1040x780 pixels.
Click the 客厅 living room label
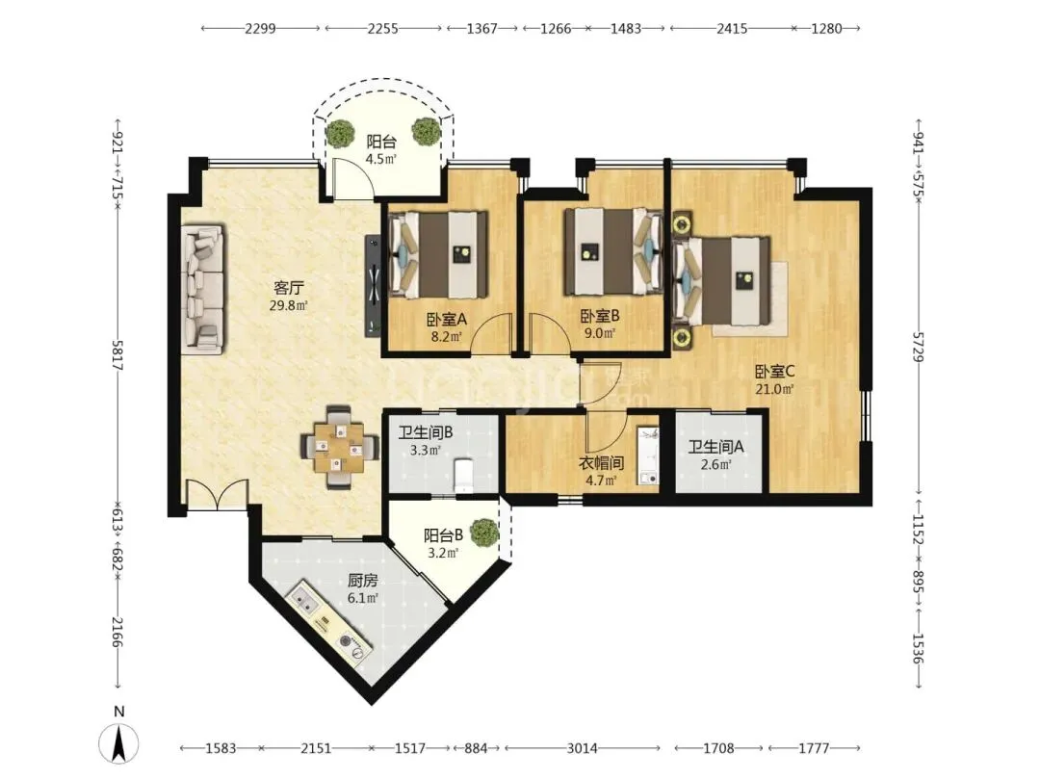289,288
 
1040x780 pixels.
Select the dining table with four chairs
340,447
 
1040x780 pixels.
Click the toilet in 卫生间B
463,477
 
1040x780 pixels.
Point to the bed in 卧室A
438,254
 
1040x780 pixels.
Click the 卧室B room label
600,317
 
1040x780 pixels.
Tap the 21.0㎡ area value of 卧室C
774,389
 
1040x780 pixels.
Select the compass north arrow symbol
118,742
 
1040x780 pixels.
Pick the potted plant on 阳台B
484,533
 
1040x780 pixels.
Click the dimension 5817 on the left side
117,355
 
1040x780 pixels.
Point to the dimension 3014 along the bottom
582,748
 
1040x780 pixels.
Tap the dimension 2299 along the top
260,29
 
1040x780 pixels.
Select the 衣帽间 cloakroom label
601,463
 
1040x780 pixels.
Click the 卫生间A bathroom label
715,447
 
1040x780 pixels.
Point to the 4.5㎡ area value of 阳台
380,159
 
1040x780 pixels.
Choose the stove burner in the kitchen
352,646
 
